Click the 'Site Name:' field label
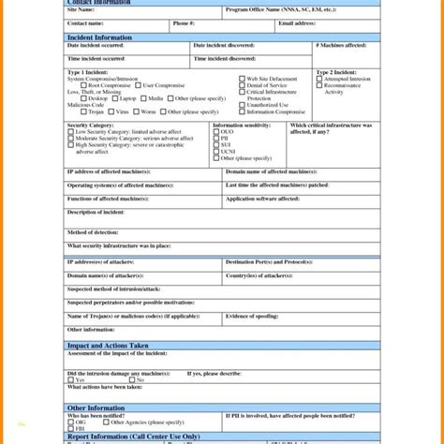pyautogui.click(x=81, y=10)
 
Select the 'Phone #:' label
pyautogui.click(x=184, y=22)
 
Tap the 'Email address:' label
pyautogui.click(x=298, y=22)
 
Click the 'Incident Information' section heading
pyautogui.click(x=100, y=37)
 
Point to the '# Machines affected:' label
pyautogui.click(x=342, y=45)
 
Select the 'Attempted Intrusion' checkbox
pyautogui.click(x=319, y=80)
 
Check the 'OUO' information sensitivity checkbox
pyautogui.click(x=216, y=133)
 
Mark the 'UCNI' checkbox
pyautogui.click(x=216, y=153)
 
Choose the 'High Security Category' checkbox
pyautogui.click(x=70, y=145)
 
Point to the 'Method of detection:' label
pyautogui.click(x=91, y=230)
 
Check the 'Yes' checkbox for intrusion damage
pyautogui.click(x=70, y=379)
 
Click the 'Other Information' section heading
pyautogui.click(x=95, y=407)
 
